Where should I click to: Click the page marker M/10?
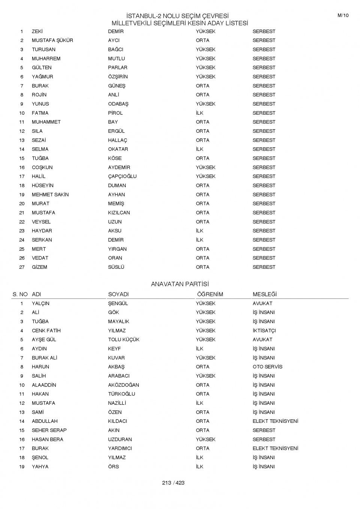(x=343, y=15)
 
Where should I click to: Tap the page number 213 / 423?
(x=173, y=483)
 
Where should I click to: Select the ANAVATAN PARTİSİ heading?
(x=180, y=284)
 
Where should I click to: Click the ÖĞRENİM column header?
(x=210, y=294)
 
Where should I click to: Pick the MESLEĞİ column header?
(x=264, y=294)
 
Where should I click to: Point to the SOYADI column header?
(x=118, y=294)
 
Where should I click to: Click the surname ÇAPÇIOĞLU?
(x=122, y=176)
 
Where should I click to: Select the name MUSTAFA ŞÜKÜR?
(x=52, y=40)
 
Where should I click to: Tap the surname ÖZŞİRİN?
(x=118, y=76)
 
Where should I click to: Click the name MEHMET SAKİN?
(x=50, y=195)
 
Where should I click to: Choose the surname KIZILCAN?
(x=119, y=213)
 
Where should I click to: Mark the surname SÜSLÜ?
(x=116, y=267)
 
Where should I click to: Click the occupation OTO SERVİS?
(x=267, y=367)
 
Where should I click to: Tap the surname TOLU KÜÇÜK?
(x=123, y=340)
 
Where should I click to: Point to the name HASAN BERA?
(x=47, y=439)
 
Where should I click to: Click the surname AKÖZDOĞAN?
(x=123, y=385)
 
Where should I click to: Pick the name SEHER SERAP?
(x=49, y=430)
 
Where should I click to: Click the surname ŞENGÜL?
(x=118, y=303)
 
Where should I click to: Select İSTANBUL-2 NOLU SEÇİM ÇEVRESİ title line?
(x=177, y=16)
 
